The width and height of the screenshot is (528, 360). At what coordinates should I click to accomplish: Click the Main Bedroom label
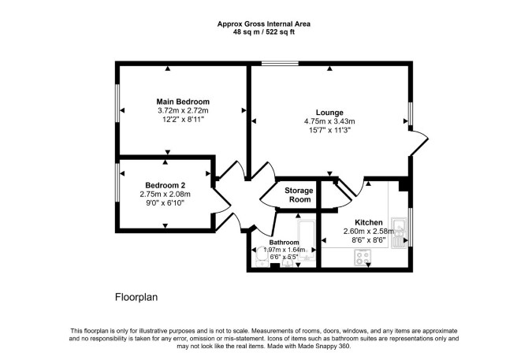183,102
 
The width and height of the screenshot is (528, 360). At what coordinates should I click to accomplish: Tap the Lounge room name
329,113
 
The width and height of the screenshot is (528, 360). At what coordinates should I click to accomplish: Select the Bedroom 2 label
165,185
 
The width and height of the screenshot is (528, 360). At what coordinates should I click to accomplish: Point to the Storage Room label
299,195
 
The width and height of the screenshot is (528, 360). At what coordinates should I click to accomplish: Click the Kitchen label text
369,222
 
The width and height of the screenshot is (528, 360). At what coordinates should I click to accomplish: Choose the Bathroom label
284,243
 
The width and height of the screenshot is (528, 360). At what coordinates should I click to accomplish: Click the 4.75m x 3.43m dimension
329,121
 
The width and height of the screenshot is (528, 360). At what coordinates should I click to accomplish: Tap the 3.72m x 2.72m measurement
183,110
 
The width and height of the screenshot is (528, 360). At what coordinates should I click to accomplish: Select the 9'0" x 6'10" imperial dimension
165,203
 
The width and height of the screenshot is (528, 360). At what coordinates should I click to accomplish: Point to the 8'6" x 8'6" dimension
369,240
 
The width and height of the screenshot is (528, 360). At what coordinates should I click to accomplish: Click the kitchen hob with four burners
363,258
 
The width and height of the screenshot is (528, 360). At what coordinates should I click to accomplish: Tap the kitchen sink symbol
399,233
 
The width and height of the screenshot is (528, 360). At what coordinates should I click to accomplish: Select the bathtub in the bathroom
307,240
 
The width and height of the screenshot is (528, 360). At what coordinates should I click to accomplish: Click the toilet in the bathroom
262,256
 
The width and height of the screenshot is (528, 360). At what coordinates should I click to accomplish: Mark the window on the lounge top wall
281,63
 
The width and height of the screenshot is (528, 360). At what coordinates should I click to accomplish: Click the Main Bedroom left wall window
117,103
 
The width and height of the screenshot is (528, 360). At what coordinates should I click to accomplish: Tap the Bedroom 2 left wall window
117,183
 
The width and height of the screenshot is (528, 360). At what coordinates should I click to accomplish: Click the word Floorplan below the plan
136,298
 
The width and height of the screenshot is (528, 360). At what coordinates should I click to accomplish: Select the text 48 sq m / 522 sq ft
264,32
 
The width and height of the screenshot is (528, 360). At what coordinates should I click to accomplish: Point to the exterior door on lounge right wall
418,143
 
